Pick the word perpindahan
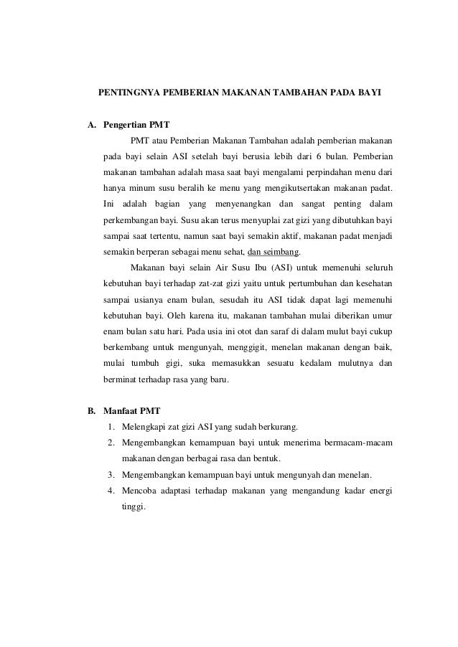[315, 173]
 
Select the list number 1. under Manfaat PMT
[112, 427]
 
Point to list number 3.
[112, 474]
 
